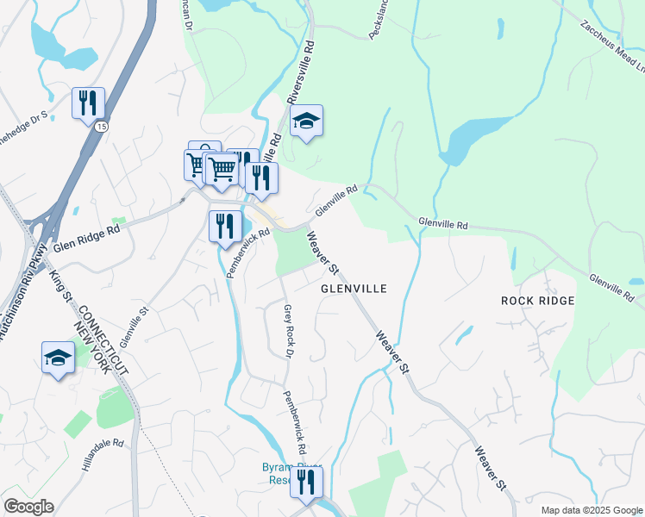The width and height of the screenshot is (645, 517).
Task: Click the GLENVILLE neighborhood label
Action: (353, 290)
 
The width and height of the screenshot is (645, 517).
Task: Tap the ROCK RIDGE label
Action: (537, 301)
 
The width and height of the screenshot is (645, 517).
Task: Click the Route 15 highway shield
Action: (102, 127)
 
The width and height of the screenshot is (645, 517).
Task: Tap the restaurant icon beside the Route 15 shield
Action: (88, 103)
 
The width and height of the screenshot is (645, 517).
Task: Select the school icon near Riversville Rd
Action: (306, 121)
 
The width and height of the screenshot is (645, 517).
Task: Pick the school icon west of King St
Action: (58, 358)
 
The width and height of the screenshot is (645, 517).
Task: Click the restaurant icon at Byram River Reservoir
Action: (306, 482)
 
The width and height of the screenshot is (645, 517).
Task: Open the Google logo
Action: (28, 507)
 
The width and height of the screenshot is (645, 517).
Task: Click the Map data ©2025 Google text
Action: (591, 510)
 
